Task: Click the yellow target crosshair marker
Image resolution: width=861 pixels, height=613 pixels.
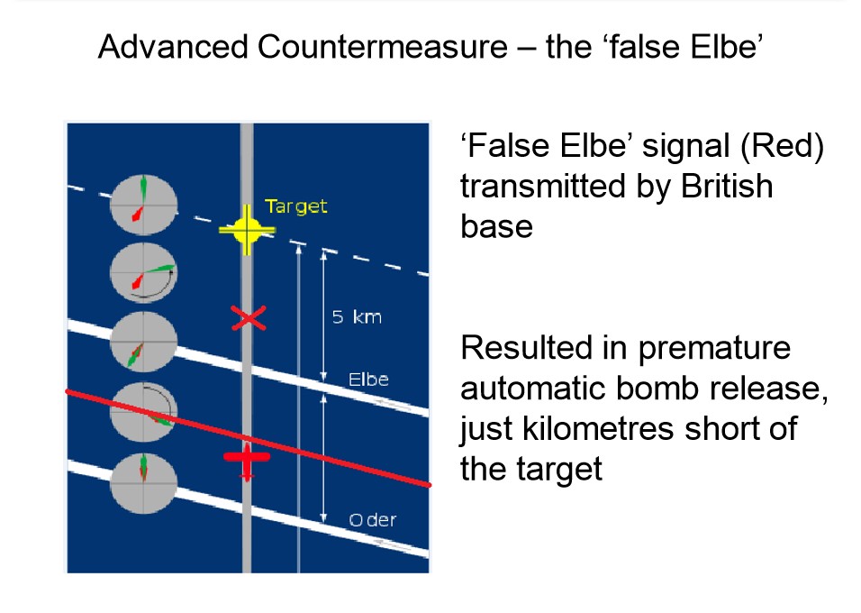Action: click(x=247, y=230)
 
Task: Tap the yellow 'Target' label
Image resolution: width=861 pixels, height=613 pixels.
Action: click(x=296, y=206)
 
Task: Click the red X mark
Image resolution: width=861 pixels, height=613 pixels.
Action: click(x=249, y=318)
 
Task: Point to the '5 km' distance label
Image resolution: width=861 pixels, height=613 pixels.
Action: click(x=357, y=317)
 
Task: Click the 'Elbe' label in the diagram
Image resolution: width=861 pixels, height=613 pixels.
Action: click(x=368, y=380)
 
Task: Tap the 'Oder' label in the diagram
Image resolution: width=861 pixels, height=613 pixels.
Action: click(x=372, y=519)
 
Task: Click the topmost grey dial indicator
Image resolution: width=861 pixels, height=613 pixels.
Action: click(x=143, y=205)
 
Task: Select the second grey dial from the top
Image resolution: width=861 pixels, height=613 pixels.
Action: click(x=143, y=273)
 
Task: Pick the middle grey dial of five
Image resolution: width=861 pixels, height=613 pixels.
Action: click(x=143, y=342)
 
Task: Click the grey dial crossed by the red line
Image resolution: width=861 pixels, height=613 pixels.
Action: click(x=143, y=412)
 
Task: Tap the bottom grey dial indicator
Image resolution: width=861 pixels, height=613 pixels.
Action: click(x=143, y=483)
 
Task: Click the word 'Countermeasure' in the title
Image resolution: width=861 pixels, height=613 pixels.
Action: click(x=382, y=46)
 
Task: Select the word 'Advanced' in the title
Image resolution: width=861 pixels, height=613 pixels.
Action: click(x=173, y=46)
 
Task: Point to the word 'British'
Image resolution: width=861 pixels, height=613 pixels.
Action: click(x=727, y=186)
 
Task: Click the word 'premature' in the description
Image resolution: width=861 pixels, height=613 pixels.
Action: click(x=714, y=350)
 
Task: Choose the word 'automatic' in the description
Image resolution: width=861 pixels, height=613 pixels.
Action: click(x=532, y=389)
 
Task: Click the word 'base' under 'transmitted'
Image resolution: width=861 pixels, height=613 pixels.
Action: click(x=496, y=226)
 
